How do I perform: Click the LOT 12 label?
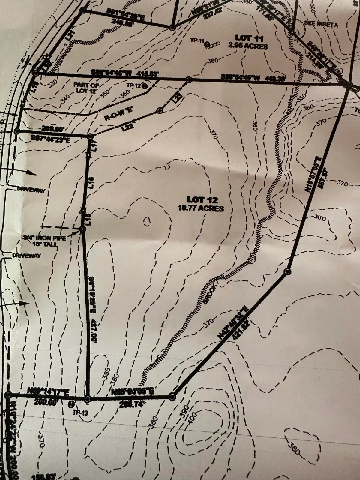click(202, 200)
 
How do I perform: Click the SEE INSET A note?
click(321, 25)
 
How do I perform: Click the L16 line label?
click(92, 182)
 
